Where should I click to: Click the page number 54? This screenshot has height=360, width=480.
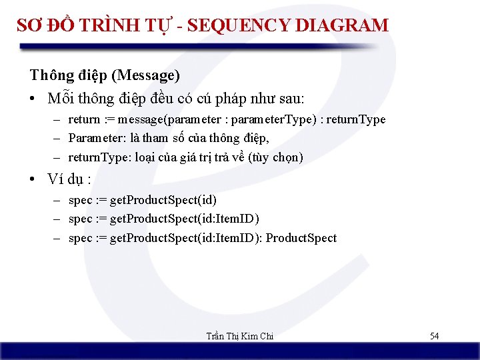pyautogui.click(x=434, y=336)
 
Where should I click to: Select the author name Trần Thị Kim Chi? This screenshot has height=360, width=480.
pyautogui.click(x=240, y=336)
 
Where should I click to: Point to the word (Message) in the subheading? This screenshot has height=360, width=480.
pyautogui.click(x=154, y=75)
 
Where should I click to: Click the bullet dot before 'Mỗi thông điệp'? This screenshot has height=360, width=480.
pyautogui.click(x=33, y=99)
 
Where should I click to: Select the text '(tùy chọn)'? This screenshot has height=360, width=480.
pyautogui.click(x=276, y=157)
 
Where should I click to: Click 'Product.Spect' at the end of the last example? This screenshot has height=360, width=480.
pyautogui.click(x=301, y=238)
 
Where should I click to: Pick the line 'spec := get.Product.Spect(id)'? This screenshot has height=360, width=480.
pyautogui.click(x=143, y=200)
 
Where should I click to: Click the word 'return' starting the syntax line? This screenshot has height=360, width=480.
pyautogui.click(x=84, y=120)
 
